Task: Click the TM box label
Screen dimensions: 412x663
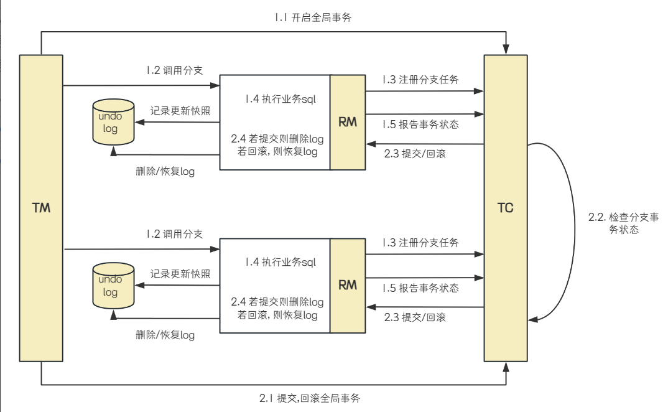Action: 41,208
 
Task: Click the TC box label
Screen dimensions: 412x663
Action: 506,208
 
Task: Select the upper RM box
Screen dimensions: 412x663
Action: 348,122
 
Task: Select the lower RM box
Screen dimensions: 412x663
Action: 348,285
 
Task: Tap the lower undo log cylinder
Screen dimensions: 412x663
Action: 113,286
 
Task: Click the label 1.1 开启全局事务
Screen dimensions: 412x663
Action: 313,17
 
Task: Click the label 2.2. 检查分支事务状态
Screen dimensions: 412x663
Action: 614,223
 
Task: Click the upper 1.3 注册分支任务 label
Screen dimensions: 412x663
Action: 421,80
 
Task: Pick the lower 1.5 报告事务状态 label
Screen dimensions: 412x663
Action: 421,288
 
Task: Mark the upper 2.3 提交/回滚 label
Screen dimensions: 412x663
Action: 414,154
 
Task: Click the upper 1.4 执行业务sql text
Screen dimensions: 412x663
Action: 280,99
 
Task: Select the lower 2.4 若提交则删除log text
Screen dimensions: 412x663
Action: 277,302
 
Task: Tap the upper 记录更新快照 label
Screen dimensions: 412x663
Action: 180,111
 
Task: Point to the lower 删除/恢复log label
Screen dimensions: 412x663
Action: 165,335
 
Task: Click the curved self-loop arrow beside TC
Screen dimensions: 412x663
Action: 570,230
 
